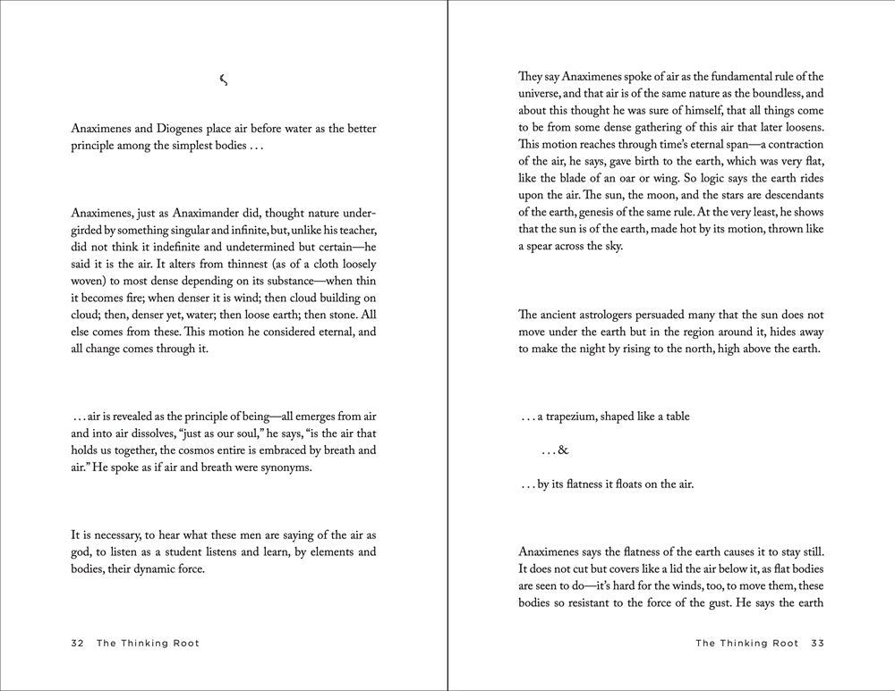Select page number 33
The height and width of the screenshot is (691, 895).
(817, 643)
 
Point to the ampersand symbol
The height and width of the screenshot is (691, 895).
(563, 451)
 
